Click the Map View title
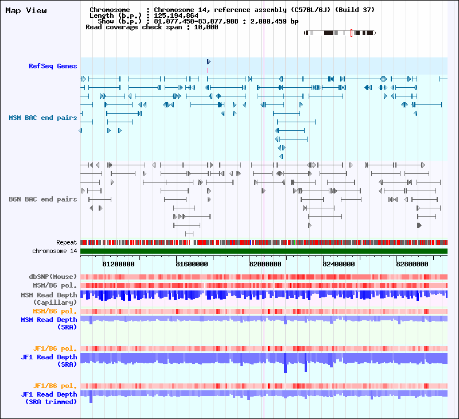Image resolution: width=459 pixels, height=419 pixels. pyautogui.click(x=26, y=11)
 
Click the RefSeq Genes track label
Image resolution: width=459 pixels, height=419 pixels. pyautogui.click(x=53, y=66)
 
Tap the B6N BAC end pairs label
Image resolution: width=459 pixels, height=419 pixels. pyautogui.click(x=42, y=199)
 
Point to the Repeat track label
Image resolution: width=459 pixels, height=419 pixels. pyautogui.click(x=67, y=243)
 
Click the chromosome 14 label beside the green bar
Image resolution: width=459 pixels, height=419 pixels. pyautogui.click(x=55, y=251)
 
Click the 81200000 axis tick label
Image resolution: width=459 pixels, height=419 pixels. pyautogui.click(x=118, y=264)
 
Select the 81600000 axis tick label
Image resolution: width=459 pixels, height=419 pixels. pyautogui.click(x=192, y=264)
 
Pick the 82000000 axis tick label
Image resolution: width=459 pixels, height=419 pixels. pyautogui.click(x=265, y=264)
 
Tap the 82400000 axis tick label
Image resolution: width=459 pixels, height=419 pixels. pyautogui.click(x=339, y=264)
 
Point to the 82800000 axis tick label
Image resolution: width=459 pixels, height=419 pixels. pyautogui.click(x=412, y=264)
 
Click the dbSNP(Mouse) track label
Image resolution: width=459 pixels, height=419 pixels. pyautogui.click(x=53, y=277)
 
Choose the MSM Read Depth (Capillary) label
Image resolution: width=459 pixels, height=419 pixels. pyautogui.click(x=49, y=298)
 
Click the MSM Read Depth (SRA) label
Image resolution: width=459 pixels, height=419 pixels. pyautogui.click(x=49, y=323)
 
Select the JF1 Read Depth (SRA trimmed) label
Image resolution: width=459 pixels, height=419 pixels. pyautogui.click(x=49, y=398)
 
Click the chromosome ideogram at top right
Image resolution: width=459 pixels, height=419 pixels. pyautogui.click(x=340, y=33)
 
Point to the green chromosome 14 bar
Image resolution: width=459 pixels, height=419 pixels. pyautogui.click(x=264, y=251)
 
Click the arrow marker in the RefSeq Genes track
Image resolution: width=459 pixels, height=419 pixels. pyautogui.click(x=208, y=62)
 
